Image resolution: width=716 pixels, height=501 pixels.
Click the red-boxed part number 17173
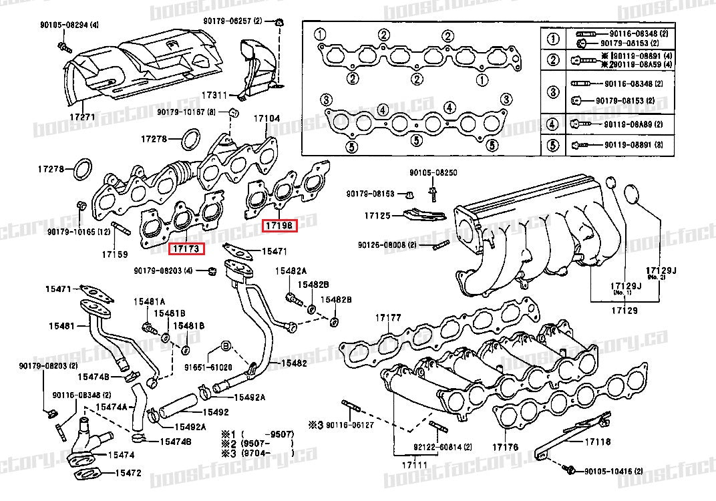pos(186,249)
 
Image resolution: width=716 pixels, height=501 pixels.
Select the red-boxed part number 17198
pos(279,226)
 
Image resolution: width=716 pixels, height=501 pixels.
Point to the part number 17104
pos(266,119)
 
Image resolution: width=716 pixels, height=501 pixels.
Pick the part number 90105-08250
pos(435,172)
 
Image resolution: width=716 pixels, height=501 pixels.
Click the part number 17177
pos(387,317)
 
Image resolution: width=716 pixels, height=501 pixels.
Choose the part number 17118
pos(598,442)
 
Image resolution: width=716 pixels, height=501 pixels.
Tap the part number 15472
pos(128,473)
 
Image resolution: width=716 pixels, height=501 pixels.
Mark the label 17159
pos(115,255)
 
